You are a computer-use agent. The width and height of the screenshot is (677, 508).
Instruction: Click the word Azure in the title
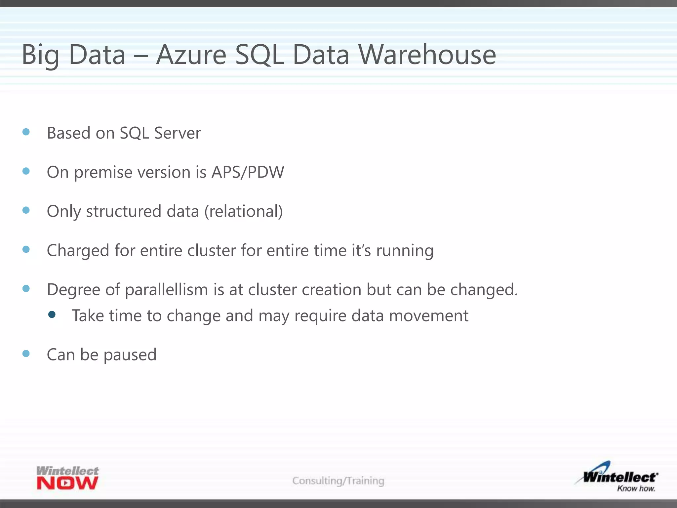click(x=191, y=55)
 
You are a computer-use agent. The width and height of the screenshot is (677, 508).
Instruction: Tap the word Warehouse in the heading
click(x=427, y=55)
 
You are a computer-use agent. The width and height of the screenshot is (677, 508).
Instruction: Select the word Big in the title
click(x=41, y=55)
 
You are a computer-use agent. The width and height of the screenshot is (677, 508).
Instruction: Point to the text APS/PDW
click(x=248, y=172)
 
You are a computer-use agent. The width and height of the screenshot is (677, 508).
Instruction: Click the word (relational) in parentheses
click(x=244, y=212)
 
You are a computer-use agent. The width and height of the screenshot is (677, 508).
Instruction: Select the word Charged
click(x=78, y=251)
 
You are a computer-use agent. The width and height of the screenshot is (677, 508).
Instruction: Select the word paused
click(x=130, y=355)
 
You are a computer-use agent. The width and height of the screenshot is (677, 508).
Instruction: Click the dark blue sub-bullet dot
click(x=52, y=314)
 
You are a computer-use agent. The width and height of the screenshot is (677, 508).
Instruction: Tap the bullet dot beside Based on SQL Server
click(x=26, y=132)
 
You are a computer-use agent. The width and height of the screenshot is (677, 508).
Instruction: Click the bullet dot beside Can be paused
click(x=26, y=354)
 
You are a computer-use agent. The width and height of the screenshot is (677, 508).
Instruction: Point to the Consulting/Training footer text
click(x=338, y=481)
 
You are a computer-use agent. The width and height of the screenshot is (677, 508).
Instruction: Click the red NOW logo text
click(x=67, y=483)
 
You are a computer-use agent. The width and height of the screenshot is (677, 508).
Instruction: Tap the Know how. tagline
click(x=636, y=488)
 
